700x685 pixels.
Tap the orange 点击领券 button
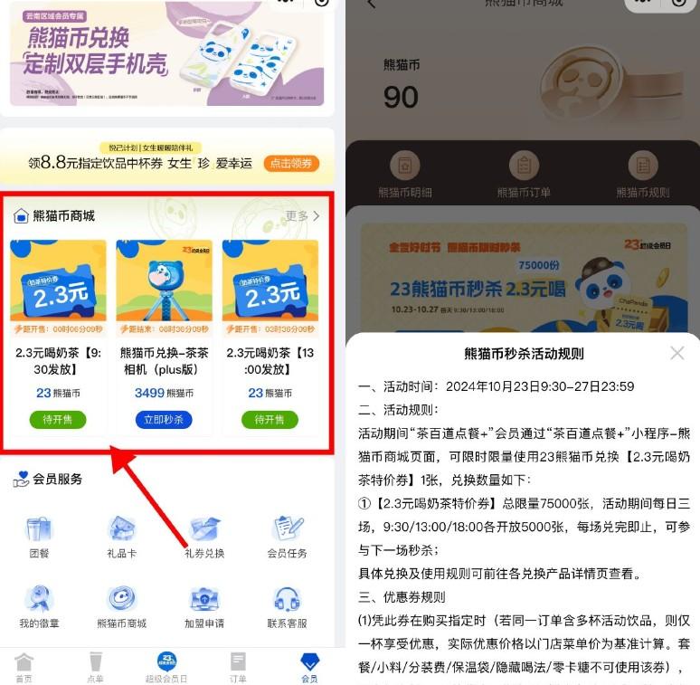point(291,164)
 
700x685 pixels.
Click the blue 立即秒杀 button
point(164,420)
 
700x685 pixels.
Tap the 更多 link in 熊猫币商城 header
point(302,216)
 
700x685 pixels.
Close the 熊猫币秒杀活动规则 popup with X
point(676,353)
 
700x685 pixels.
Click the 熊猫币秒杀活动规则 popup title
point(524,354)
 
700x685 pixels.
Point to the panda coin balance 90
point(400,96)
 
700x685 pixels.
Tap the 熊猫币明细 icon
point(405,166)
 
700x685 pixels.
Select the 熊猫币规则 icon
point(643,166)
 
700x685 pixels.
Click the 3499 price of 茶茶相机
point(149,393)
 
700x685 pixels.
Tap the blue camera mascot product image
point(164,281)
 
